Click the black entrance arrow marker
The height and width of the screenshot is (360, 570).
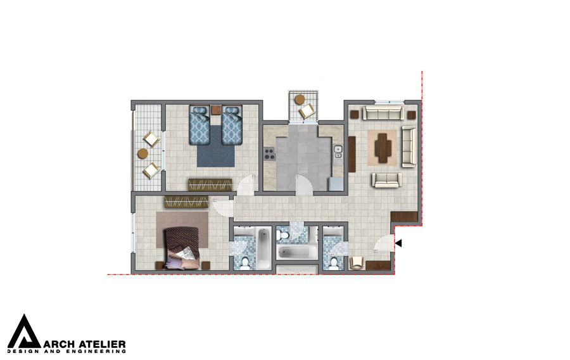(x=399, y=243)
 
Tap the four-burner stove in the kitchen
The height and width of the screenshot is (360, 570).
(x=269, y=154)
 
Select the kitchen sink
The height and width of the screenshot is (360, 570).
(x=338, y=152)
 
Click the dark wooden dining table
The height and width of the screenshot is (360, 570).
(x=383, y=148)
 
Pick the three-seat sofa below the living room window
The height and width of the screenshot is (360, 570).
(x=384, y=113)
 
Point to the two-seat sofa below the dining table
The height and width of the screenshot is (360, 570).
(x=387, y=180)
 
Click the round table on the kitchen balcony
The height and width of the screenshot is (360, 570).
(x=300, y=100)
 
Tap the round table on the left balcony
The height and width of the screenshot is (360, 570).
(x=143, y=153)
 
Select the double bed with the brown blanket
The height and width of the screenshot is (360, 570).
(x=182, y=248)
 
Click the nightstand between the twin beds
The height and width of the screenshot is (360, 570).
(x=216, y=110)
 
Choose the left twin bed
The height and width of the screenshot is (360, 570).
(x=199, y=125)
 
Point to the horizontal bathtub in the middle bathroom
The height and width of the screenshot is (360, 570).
(x=296, y=252)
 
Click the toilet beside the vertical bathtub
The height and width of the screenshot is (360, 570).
(x=245, y=263)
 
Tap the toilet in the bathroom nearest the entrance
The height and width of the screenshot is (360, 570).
(x=334, y=263)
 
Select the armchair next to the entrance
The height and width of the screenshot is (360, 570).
(x=357, y=262)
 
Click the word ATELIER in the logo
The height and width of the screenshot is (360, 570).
(x=102, y=344)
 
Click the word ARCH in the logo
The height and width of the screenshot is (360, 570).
(x=59, y=344)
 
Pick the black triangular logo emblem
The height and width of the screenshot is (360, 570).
(x=24, y=331)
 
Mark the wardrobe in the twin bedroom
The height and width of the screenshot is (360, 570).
(x=210, y=184)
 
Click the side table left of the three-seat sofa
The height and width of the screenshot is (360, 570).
(x=355, y=115)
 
